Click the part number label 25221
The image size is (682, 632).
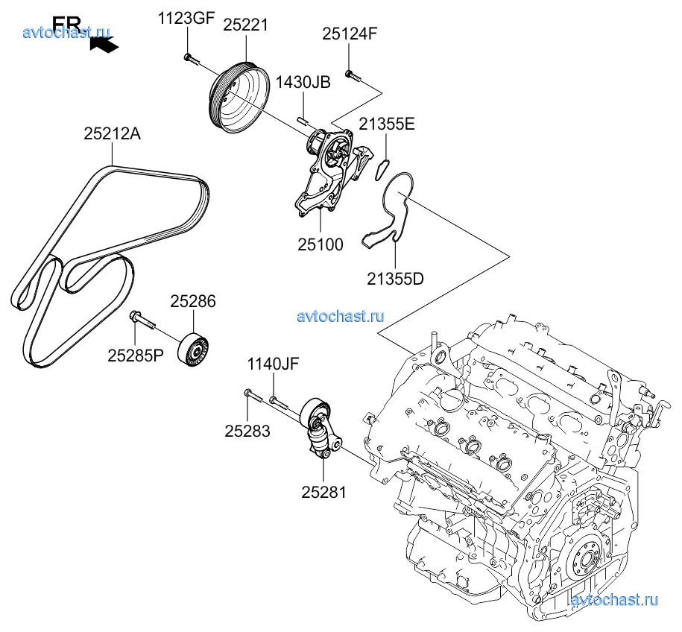coord(246,25)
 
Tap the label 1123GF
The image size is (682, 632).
coord(186,19)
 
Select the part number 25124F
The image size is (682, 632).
coord(350,34)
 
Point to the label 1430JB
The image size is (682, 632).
coord(303,83)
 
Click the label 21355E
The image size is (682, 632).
coord(387,124)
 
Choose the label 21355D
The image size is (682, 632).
coord(395,279)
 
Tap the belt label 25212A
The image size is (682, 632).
coord(112,135)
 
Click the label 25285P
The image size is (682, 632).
coord(135,355)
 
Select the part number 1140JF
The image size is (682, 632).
coord(274,364)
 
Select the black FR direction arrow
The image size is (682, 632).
coord(103,44)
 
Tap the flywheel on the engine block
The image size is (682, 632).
coord(590,558)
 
